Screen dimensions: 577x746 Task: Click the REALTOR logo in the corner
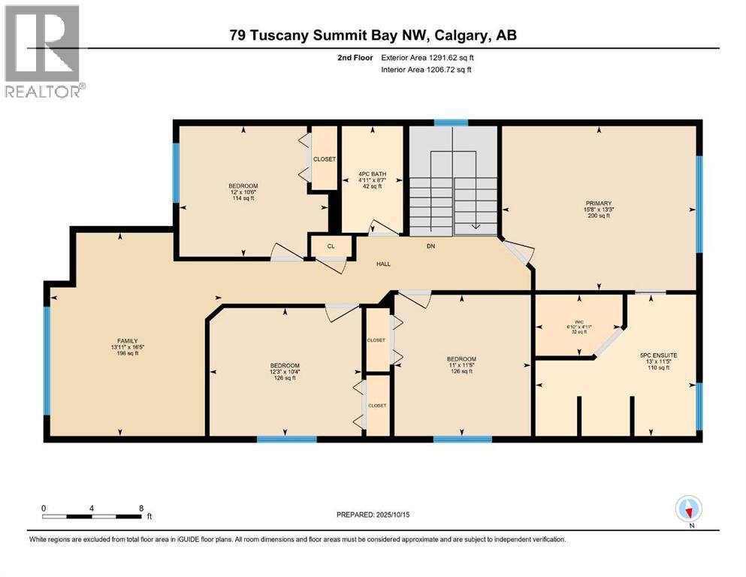tap(43, 51)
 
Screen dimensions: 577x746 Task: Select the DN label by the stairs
tap(430, 246)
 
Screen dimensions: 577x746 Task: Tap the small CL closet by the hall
tap(330, 246)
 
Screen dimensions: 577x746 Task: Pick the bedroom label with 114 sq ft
tap(243, 192)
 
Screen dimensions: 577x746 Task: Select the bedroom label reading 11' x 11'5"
tap(461, 365)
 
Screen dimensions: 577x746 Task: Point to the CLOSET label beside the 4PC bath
tap(325, 159)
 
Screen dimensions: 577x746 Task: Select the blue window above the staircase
tap(451, 122)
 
